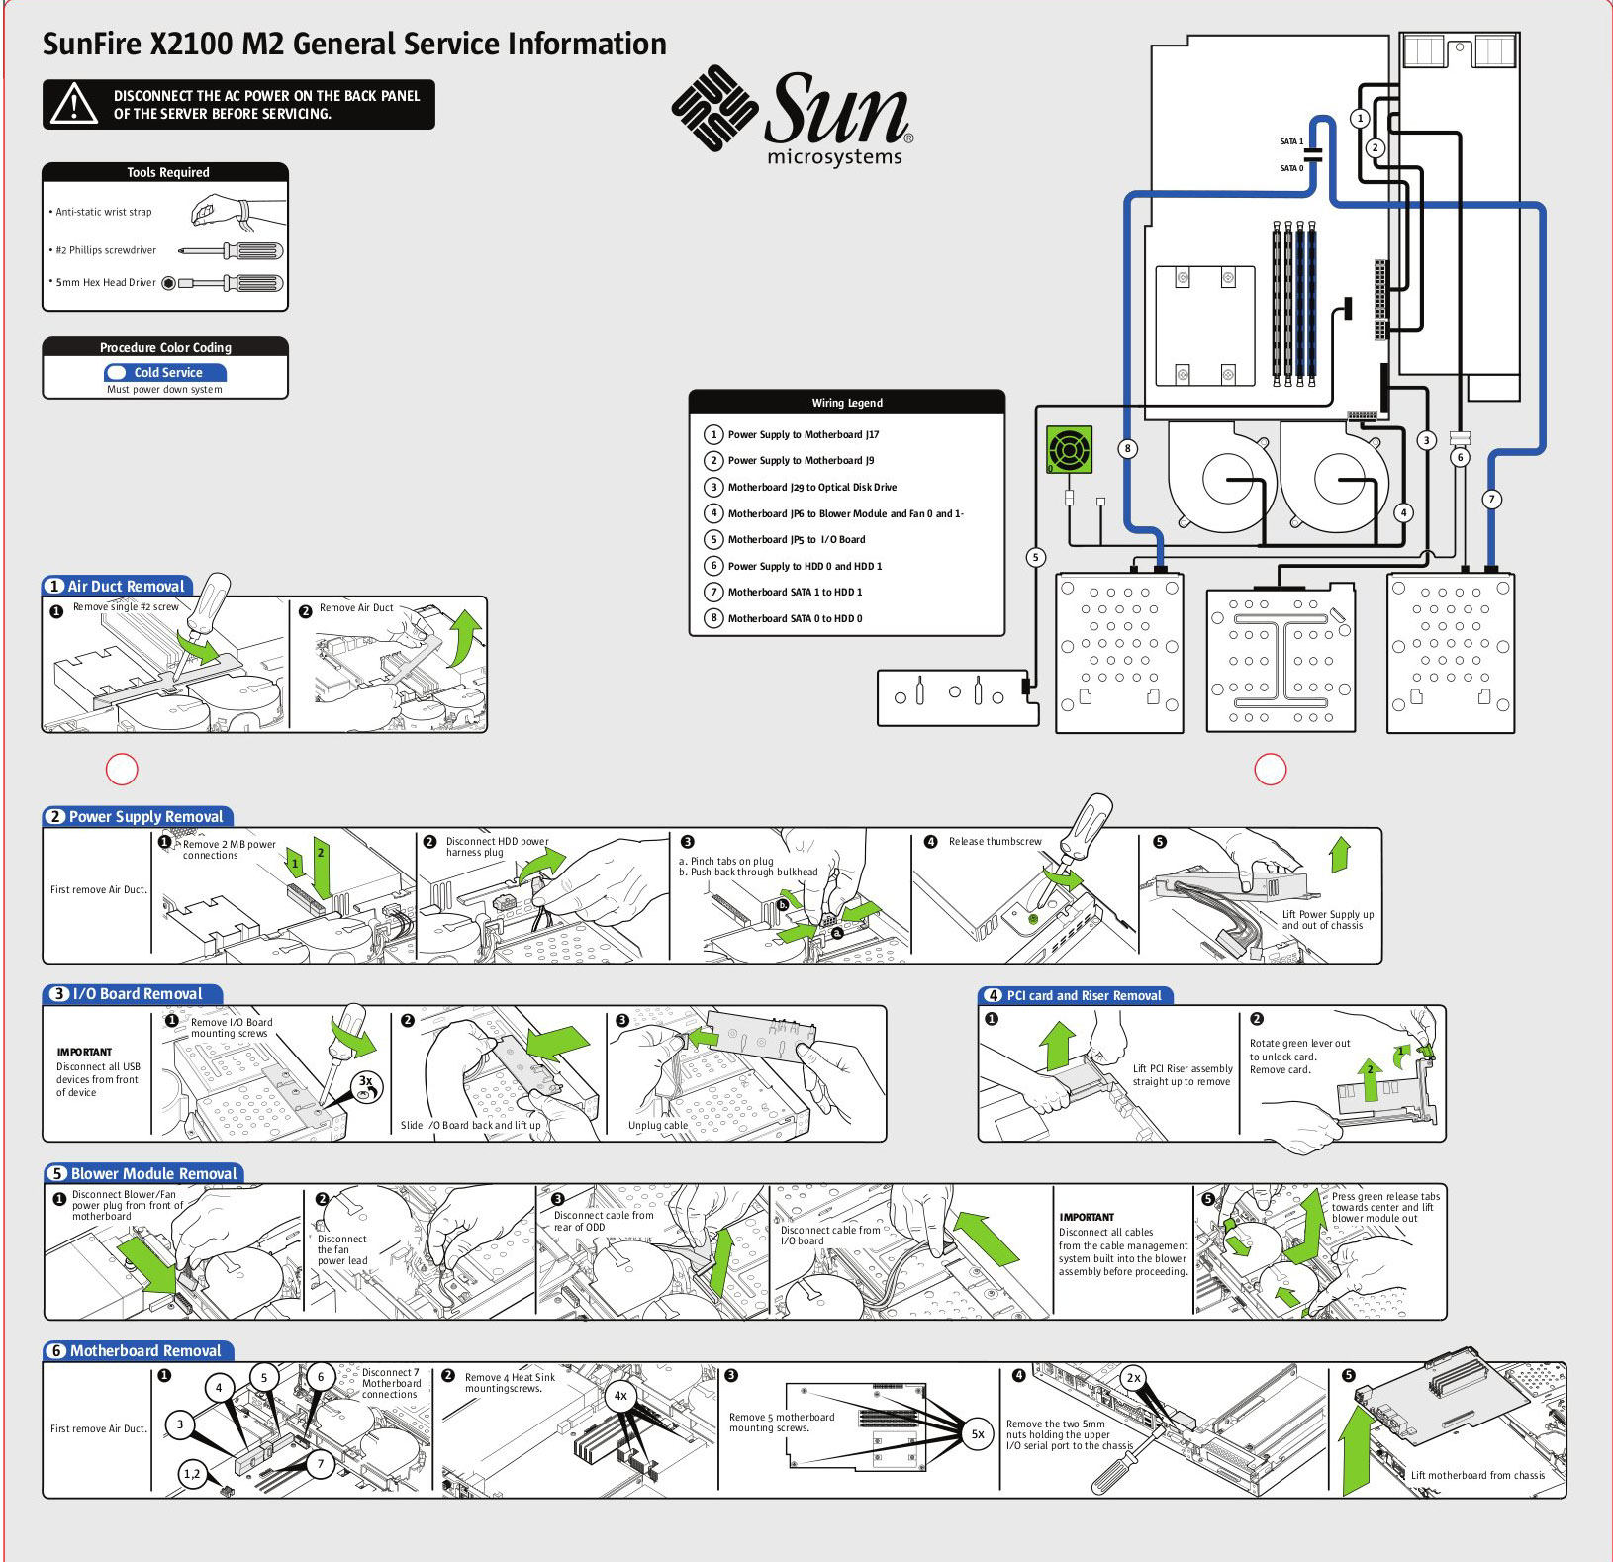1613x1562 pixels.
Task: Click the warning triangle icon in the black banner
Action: [x=74, y=104]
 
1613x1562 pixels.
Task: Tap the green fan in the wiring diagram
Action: [x=1070, y=450]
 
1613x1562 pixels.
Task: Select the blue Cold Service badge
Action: [x=165, y=373]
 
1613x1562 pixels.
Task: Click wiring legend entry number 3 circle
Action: [x=713, y=487]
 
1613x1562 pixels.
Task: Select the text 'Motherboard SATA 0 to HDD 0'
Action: [x=795, y=618]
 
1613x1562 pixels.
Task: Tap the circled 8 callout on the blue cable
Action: [x=1127, y=448]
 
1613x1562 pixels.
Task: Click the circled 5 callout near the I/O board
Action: [x=1036, y=557]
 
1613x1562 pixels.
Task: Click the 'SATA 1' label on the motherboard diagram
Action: [x=1291, y=141]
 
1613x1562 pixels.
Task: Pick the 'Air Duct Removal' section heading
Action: [x=126, y=587]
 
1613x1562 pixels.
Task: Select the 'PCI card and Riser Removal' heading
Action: [x=1084, y=996]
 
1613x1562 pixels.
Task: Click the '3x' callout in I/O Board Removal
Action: [x=366, y=1082]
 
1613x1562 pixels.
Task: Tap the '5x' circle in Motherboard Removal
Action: [x=978, y=1434]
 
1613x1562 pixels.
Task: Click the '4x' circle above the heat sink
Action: [x=620, y=1396]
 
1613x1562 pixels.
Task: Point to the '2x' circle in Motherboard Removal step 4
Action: [x=1134, y=1378]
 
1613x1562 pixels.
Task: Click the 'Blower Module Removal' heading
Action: [x=153, y=1174]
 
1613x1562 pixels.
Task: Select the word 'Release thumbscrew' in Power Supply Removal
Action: [x=995, y=842]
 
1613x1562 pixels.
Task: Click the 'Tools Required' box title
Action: [x=167, y=172]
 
